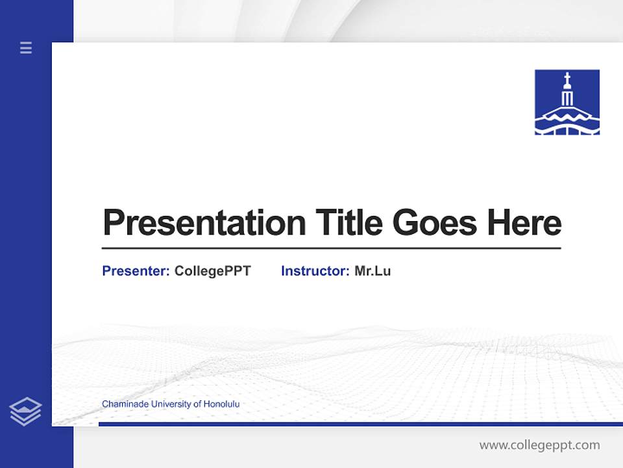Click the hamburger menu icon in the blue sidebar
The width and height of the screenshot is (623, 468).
click(x=26, y=47)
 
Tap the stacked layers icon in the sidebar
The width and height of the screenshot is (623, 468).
click(x=25, y=411)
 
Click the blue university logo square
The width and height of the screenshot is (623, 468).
click(x=567, y=102)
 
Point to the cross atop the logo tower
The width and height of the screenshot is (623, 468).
click(x=567, y=79)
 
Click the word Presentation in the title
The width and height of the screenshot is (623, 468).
click(x=204, y=223)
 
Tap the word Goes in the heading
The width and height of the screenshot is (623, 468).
click(x=435, y=223)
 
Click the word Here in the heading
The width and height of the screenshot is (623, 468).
click(x=524, y=223)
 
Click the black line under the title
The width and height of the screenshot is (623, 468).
click(x=331, y=248)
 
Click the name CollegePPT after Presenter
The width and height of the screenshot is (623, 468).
click(x=212, y=271)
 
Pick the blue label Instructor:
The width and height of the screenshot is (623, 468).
click(x=315, y=271)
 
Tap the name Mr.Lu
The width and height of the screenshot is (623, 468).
click(x=373, y=271)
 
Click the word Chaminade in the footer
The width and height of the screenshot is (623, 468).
click(x=123, y=404)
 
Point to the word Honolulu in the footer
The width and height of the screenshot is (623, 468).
click(x=221, y=404)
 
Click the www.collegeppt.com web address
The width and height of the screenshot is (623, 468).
click(x=539, y=445)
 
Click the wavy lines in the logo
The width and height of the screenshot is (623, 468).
click(x=567, y=116)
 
